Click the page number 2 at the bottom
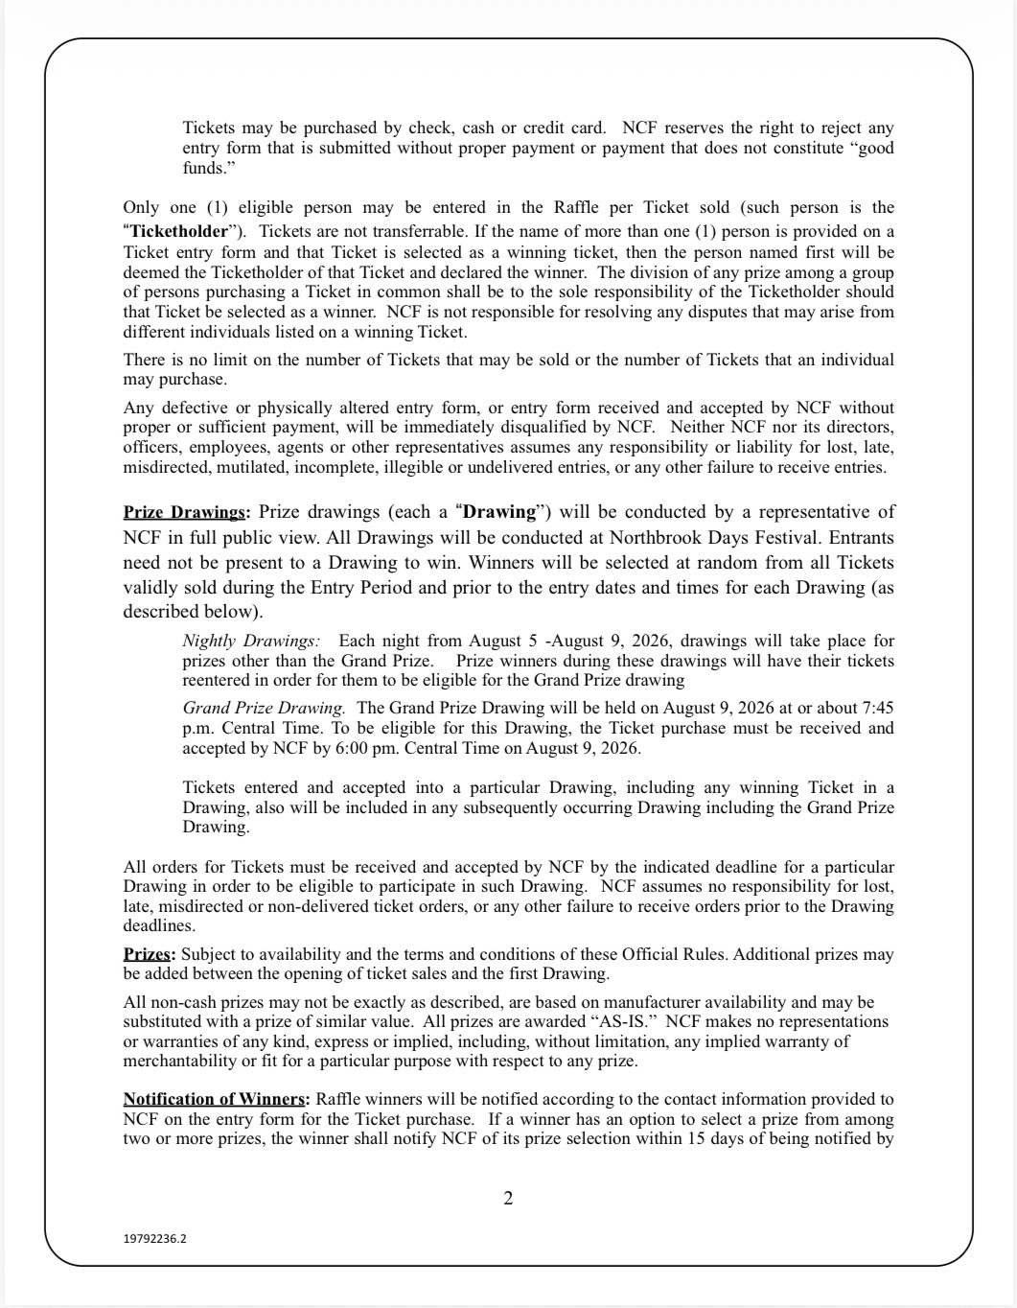coord(508,1198)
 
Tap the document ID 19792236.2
coord(155,1238)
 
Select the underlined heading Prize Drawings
coord(184,512)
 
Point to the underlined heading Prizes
coord(148,954)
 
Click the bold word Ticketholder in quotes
coord(178,231)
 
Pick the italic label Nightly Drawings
coord(251,641)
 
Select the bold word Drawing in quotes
coord(498,512)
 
